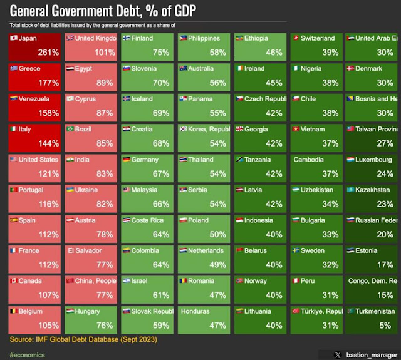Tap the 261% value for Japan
coord(49,53)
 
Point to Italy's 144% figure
coord(49,143)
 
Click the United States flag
coord(14,160)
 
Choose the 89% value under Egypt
coord(105,83)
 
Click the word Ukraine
coord(86,190)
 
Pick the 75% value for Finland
coord(161,53)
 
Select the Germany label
coord(145,160)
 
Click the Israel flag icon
coord(126,281)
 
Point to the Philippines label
coord(204,38)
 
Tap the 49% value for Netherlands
coord(217,265)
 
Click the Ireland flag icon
coord(239,69)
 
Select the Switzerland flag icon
coord(295,38)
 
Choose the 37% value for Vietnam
coord(330,143)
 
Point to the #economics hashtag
coord(27,354)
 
